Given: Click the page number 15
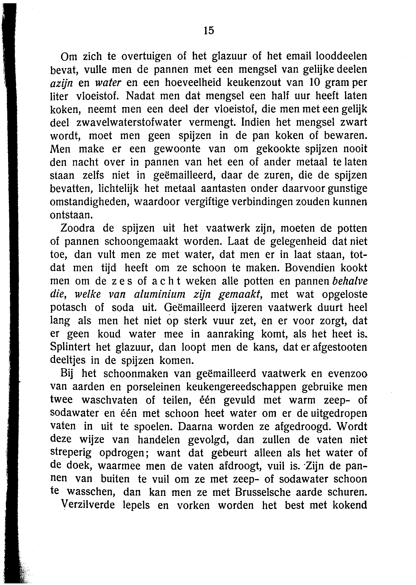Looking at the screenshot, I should (x=209, y=31).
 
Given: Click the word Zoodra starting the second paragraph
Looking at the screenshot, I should (x=78, y=228).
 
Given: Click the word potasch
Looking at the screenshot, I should (x=68, y=307).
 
